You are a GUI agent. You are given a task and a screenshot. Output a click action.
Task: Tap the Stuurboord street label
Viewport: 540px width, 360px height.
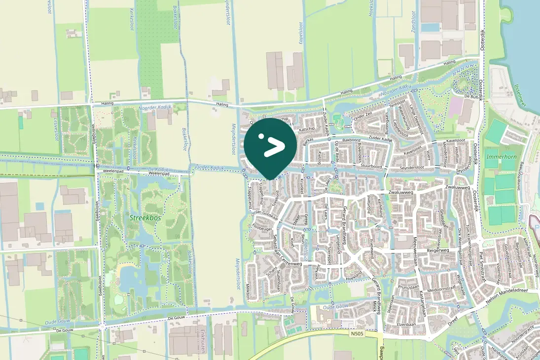[371, 167]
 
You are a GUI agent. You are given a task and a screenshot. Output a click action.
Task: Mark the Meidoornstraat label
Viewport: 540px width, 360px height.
[440, 290]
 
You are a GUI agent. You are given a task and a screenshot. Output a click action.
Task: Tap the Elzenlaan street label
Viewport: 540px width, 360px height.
[407, 325]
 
